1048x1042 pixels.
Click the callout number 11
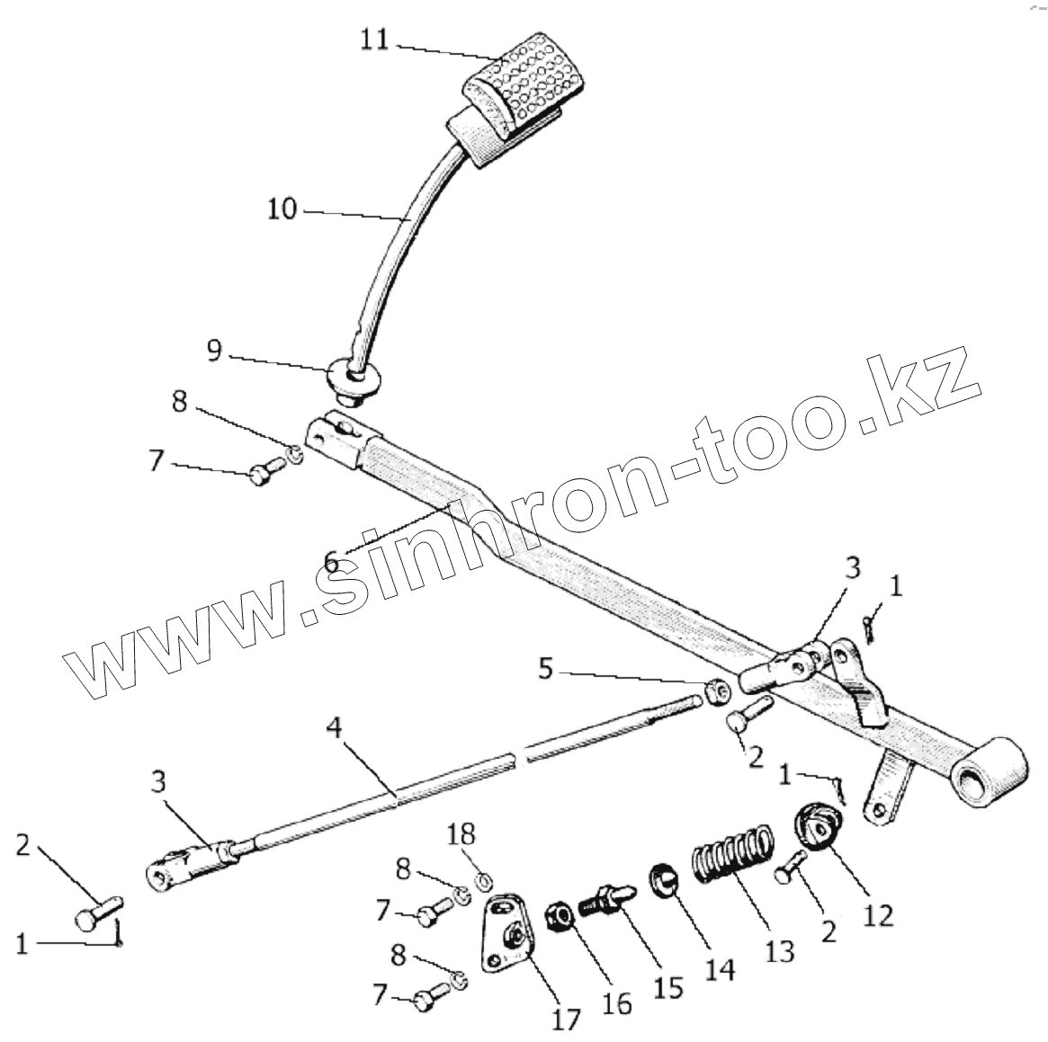pos(375,40)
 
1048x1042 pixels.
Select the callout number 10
pos(282,209)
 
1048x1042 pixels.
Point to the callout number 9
pos(213,350)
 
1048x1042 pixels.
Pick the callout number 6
pos(331,563)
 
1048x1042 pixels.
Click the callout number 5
pos(548,669)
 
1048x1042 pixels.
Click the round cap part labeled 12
pos(818,824)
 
